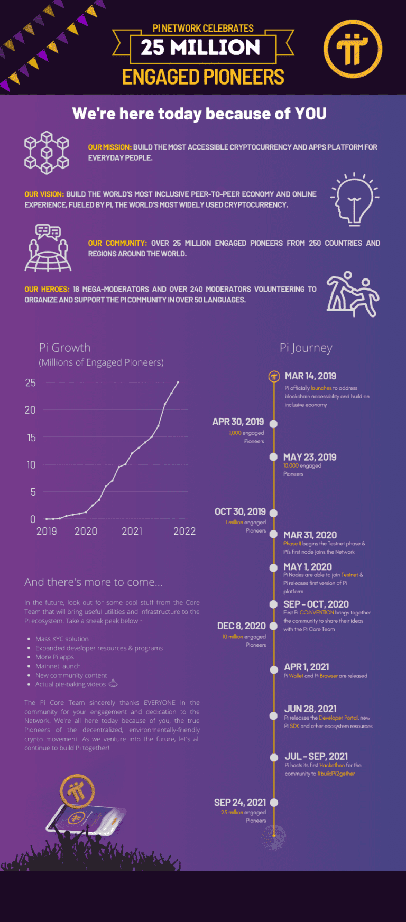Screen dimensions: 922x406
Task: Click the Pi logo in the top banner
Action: tap(353, 49)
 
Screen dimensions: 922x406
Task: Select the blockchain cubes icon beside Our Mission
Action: tap(47, 153)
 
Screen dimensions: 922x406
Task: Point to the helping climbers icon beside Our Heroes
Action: tap(353, 294)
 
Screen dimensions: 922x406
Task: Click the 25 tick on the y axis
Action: tap(30, 383)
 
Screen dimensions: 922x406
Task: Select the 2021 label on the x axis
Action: tap(132, 532)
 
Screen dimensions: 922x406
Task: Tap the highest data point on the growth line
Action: tap(178, 382)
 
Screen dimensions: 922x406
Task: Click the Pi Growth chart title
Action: tap(64, 348)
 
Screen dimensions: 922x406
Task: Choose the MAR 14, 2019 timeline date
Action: tap(310, 376)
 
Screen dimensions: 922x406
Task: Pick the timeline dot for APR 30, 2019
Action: tap(274, 424)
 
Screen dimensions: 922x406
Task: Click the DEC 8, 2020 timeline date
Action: tap(241, 626)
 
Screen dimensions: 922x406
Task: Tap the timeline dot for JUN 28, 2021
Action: tap(274, 716)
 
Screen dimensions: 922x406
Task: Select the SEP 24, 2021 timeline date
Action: tap(239, 803)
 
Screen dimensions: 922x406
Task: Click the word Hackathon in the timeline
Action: tap(332, 765)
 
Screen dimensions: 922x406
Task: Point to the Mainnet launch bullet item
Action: tap(58, 666)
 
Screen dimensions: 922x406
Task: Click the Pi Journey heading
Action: tap(306, 348)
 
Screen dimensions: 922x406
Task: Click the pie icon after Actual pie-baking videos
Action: tap(113, 684)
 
